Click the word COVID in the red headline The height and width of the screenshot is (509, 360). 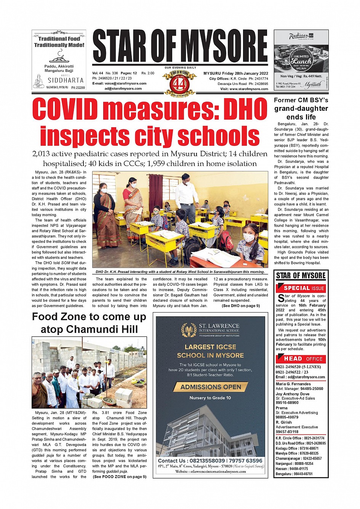coord(65,110)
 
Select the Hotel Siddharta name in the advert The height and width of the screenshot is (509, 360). coord(66,80)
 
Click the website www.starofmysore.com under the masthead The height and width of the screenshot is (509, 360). coord(249,89)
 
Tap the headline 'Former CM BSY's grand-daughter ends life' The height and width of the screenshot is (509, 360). coord(301,109)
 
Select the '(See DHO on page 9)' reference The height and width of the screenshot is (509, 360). coord(240,306)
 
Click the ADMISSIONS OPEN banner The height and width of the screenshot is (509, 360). coord(211,387)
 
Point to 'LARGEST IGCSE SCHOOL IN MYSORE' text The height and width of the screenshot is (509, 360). coord(210,351)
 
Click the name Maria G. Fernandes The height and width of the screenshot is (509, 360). coord(293,384)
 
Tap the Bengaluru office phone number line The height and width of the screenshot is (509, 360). coord(294,474)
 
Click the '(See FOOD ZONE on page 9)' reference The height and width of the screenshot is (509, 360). coord(119,477)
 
